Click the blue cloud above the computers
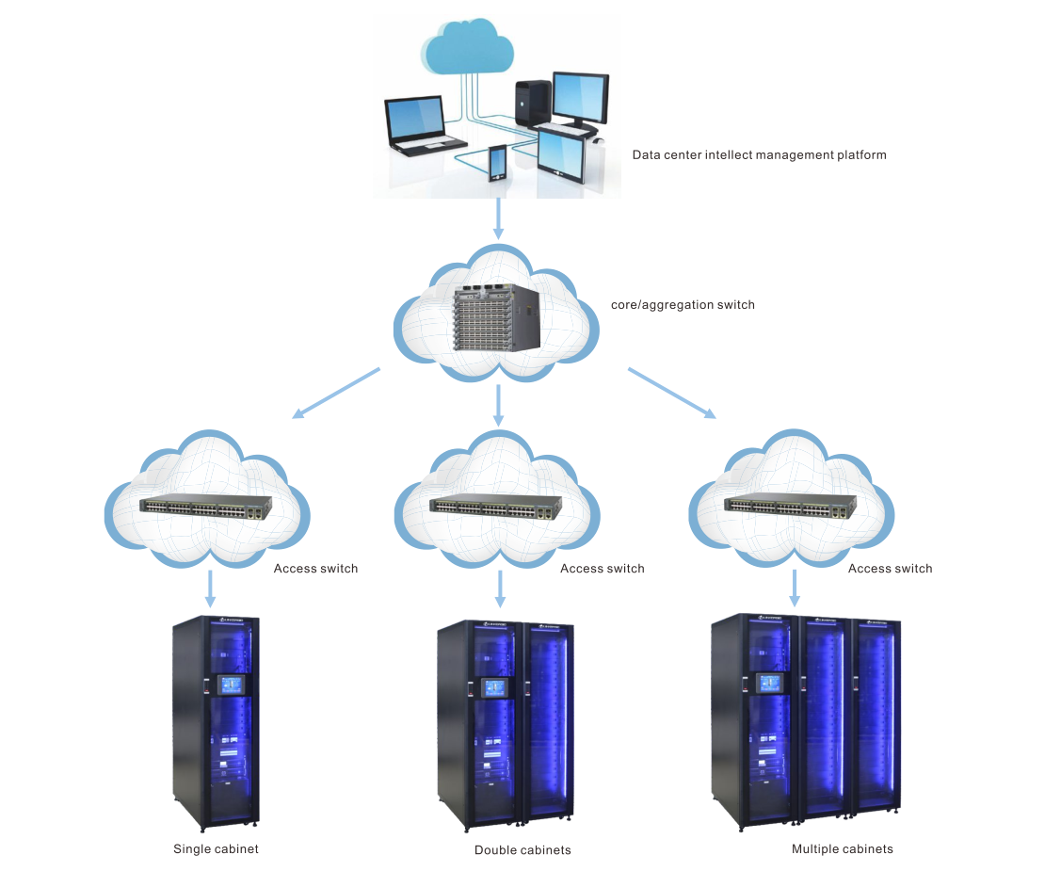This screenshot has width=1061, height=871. coord(468,46)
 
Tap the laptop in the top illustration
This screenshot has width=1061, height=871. coord(423,126)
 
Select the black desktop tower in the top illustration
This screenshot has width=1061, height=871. coord(533,104)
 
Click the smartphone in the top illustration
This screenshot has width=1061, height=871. coord(497,163)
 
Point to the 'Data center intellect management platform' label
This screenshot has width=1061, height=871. coord(759,155)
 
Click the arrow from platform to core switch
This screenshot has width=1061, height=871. coord(499,218)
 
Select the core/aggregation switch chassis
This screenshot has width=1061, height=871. coord(497,318)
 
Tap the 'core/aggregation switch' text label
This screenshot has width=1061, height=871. coord(683,305)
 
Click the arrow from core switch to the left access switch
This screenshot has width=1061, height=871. coord(336,394)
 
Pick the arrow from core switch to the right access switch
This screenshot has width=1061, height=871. coord(672,394)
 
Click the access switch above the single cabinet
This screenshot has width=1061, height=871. coord(205,508)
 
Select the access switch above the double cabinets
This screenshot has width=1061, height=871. coord(495,508)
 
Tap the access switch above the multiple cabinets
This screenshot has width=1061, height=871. coord(791,508)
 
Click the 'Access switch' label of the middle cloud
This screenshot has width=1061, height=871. coord(603,569)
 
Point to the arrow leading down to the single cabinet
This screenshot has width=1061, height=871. coord(211,589)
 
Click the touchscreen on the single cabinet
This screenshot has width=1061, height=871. coord(231,685)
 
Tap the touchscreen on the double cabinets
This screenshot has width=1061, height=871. coord(494,688)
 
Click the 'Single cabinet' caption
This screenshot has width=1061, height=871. coord(216,848)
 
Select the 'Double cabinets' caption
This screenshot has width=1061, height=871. coord(522,850)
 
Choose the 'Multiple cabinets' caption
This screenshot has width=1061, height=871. coord(843,848)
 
